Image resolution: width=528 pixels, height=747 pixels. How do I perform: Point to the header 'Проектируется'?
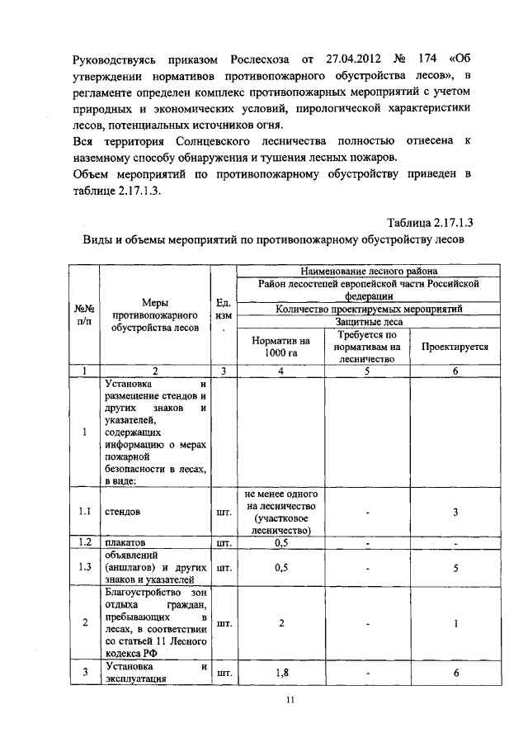(455, 347)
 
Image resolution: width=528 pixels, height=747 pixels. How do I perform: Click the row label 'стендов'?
(123, 511)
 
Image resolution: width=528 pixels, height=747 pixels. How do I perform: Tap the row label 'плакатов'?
(125, 542)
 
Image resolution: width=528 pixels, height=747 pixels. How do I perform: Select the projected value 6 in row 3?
(455, 673)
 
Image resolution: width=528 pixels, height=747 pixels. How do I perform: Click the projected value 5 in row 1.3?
(455, 567)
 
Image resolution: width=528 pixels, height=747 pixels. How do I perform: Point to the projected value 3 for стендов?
(455, 512)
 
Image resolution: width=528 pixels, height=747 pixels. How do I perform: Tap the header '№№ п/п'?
(83, 316)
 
